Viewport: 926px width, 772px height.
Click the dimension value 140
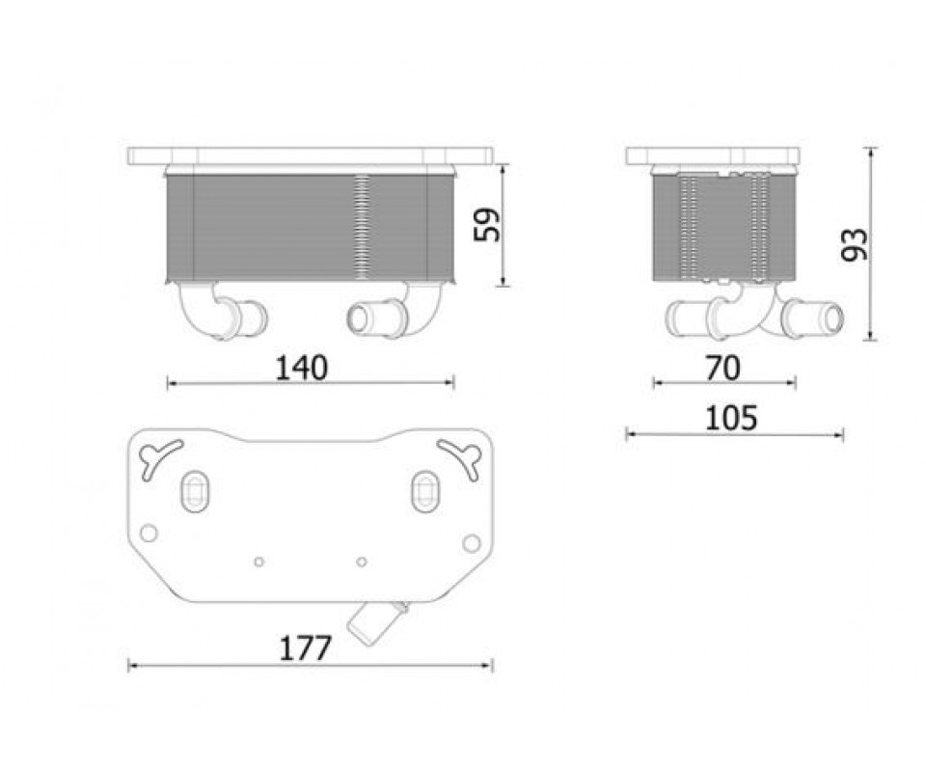tap(301, 368)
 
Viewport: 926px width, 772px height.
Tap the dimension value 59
tap(487, 224)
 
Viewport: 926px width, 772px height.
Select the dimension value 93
tap(855, 244)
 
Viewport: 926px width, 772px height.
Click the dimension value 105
tap(731, 418)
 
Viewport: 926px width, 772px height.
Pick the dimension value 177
tap(305, 648)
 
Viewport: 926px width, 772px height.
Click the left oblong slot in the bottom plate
tap(194, 491)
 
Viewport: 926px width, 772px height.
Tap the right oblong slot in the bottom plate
tap(425, 491)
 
